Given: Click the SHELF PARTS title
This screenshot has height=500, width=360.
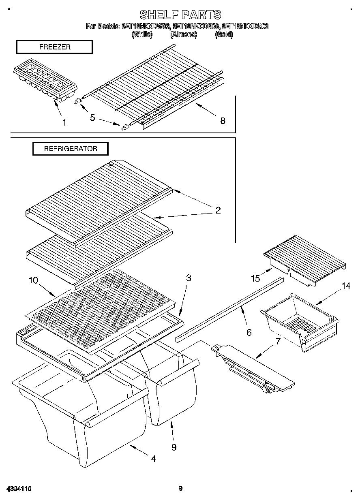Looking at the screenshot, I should [x=180, y=15].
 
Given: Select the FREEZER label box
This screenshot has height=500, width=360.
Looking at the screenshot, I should [x=54, y=47].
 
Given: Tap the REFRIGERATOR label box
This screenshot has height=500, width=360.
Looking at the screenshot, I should [x=71, y=149].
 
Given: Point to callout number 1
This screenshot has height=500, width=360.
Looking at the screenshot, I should [x=64, y=122].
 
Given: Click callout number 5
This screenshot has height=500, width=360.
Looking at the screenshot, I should [x=92, y=118].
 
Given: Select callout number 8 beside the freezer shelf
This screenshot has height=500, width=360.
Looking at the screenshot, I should [x=223, y=120].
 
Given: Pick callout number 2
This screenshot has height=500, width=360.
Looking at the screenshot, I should [x=218, y=210].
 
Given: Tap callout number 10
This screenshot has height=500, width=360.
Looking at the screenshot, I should [x=33, y=280].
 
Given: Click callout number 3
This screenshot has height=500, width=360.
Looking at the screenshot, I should [x=189, y=278].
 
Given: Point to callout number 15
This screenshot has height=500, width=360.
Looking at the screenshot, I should [x=255, y=278].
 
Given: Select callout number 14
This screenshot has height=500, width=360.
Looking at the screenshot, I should [x=345, y=286].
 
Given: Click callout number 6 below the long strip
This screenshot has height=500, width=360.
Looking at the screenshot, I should [x=249, y=332].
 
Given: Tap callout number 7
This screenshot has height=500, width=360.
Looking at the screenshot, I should [x=278, y=341].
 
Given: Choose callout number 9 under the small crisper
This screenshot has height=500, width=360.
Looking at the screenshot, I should [x=174, y=447].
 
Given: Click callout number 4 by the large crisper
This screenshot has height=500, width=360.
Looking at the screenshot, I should [x=153, y=459].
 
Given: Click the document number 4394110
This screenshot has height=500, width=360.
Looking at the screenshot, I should [x=19, y=489].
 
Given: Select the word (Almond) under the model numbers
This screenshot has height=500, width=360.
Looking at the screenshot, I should [x=184, y=34].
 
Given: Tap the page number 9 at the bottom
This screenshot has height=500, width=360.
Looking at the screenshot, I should [x=180, y=489].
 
